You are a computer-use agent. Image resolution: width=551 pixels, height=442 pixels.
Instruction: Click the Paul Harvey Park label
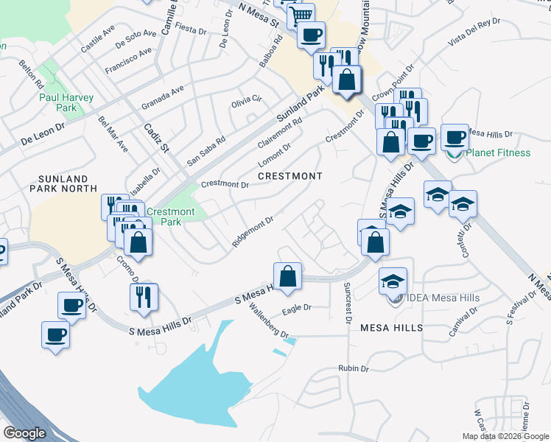coord(57,102)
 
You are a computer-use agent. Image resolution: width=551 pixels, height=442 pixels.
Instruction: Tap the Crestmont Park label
coord(170,217)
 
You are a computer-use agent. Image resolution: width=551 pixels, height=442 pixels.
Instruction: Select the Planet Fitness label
coord(498,153)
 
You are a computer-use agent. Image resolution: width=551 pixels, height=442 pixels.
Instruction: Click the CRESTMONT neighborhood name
coord(290,177)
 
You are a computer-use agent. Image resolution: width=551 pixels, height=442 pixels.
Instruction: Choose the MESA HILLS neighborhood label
coord(391,328)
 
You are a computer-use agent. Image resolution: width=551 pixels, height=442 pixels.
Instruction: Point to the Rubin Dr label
coord(353,368)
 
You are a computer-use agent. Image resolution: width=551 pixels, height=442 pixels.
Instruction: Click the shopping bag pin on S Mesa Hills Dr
coord(288,277)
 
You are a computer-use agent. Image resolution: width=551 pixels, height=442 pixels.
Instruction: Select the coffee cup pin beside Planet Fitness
coord(455,138)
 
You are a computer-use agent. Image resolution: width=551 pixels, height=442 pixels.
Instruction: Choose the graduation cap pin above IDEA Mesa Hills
coord(393,281)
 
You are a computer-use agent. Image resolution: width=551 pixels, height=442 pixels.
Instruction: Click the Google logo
coord(24,433)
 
